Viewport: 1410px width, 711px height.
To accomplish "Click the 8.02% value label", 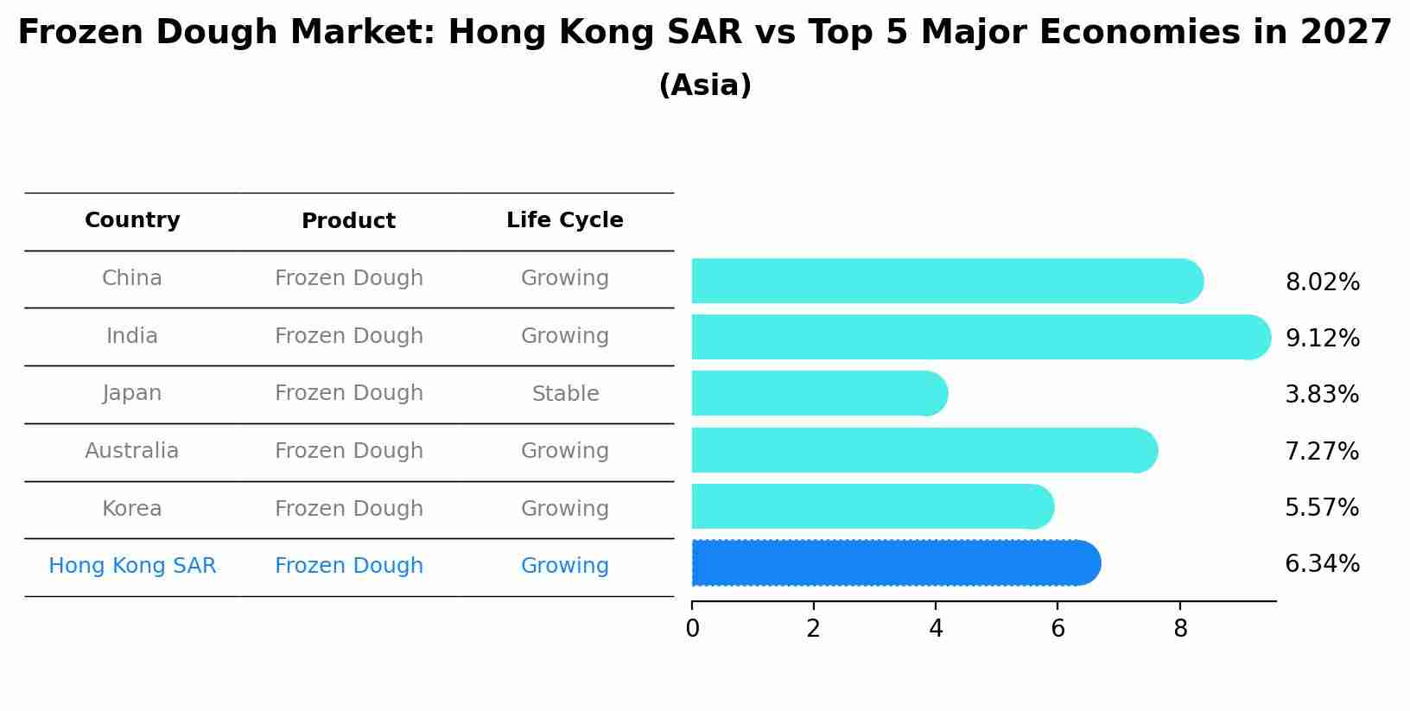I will (1322, 282).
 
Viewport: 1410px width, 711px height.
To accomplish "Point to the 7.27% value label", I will (1322, 451).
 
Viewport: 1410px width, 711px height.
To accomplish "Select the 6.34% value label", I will (1322, 564).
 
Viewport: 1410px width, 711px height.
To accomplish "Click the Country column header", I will (132, 220).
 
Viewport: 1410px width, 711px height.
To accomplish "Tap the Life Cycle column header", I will (564, 220).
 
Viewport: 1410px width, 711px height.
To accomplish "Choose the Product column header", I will (348, 221).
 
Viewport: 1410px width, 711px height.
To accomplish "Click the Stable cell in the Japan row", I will (565, 394).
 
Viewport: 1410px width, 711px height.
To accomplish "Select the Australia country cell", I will (131, 451).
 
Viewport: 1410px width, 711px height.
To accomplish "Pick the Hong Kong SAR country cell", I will (132, 566).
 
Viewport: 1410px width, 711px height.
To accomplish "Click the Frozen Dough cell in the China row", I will (348, 278).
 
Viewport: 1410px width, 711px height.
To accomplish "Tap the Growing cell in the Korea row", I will (564, 509).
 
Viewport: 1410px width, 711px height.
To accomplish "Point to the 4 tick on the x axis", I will (936, 629).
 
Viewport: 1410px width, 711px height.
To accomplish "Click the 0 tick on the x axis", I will (692, 629).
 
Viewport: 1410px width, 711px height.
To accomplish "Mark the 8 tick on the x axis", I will (1180, 629).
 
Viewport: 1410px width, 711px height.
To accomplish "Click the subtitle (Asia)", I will (705, 86).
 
